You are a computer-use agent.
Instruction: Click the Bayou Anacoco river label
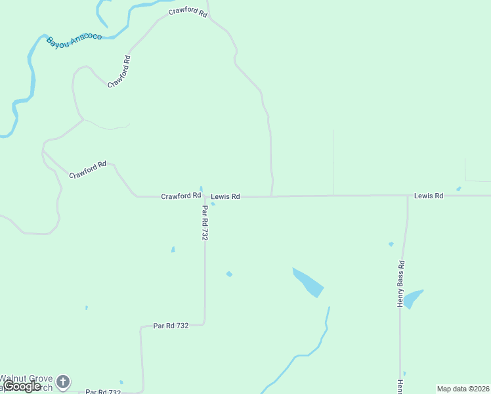coord(74,42)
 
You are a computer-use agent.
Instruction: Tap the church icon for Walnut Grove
coord(63,381)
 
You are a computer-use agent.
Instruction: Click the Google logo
coord(22,386)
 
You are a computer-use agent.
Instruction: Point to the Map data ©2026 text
coord(463,389)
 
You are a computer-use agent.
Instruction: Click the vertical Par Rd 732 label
coord(205,223)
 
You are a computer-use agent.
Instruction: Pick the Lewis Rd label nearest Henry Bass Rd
coord(429,196)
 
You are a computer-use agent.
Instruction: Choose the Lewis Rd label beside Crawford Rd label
coord(225,196)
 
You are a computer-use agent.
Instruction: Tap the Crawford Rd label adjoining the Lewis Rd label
coord(181,196)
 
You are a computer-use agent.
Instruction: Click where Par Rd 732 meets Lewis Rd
coord(205,196)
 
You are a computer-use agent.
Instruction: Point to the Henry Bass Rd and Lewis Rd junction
coord(408,196)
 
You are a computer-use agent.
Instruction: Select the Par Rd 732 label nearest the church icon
coord(103,392)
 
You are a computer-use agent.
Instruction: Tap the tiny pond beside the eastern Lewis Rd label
coord(458,189)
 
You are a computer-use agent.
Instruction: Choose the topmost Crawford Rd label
coord(187,12)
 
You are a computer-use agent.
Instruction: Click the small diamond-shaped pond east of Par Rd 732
coord(229,274)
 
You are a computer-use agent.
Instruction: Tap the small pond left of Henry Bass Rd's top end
coord(391,244)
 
